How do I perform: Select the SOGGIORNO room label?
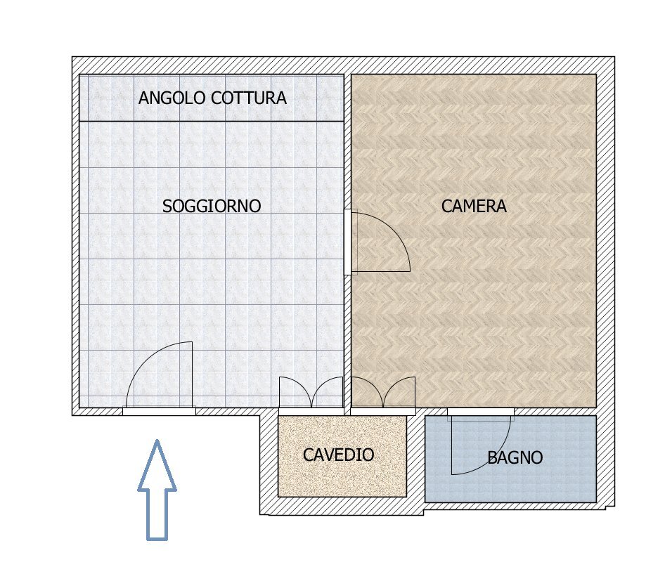212,207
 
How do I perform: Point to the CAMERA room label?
474,207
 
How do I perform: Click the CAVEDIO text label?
338,455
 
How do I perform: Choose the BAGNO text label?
515,459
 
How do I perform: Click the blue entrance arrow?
157,499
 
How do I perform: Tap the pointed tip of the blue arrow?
157,442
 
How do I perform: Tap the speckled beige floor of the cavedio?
342,481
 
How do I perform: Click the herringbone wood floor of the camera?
492,316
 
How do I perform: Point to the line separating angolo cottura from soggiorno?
211,122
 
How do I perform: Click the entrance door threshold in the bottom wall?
159,412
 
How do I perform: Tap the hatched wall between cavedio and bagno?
415,457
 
